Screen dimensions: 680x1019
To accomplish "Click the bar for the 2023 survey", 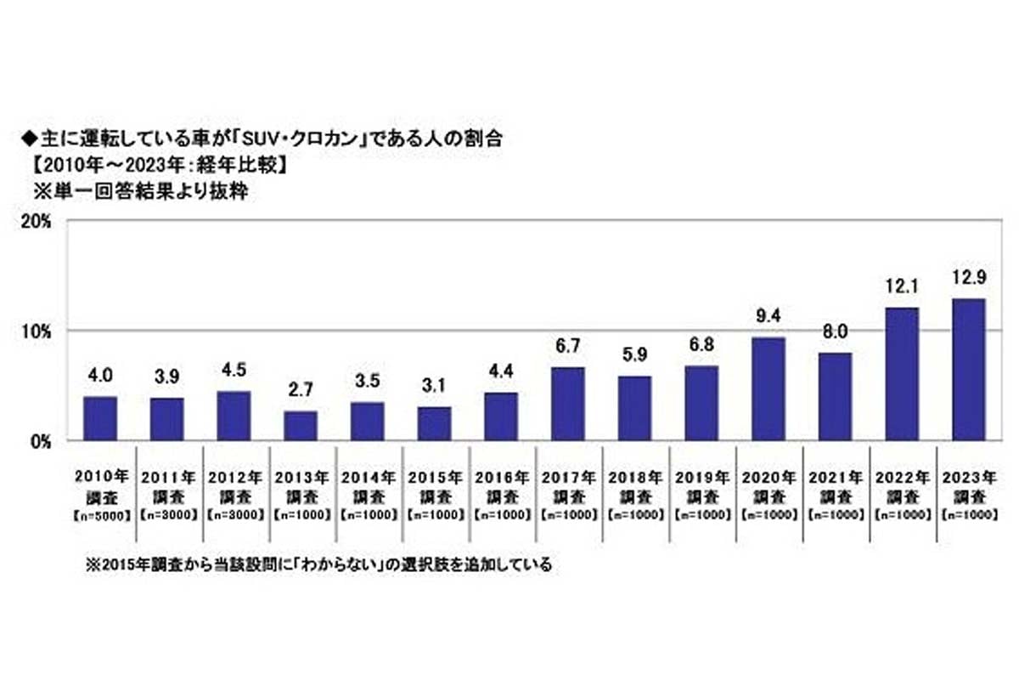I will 968,370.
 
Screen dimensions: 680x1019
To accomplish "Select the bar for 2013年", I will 301,426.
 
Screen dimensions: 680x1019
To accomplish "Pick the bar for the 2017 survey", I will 567,404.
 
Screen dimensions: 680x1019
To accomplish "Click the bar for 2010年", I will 100,418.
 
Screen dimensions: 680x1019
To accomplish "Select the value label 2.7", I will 301,391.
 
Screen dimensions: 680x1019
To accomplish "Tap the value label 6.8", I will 701,346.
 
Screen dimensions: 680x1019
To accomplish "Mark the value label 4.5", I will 234,371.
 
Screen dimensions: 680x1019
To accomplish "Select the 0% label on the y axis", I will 43,441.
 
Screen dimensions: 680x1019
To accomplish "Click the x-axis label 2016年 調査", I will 501,485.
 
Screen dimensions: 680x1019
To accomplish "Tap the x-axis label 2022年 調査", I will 902,485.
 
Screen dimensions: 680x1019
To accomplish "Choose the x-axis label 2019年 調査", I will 701,485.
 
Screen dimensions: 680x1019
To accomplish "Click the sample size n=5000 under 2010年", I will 100,514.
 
